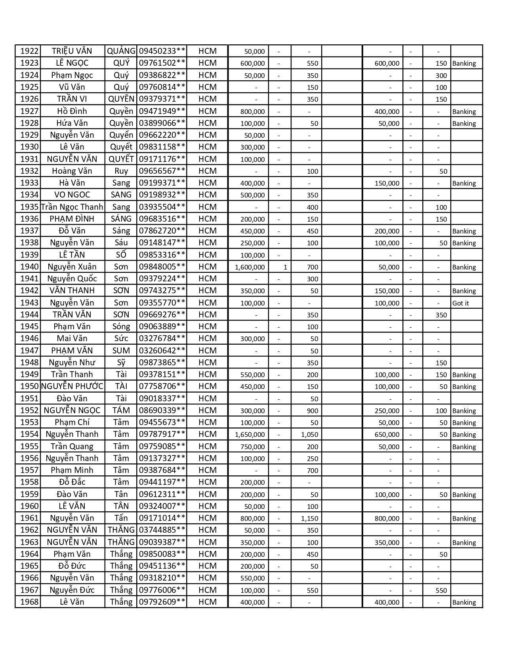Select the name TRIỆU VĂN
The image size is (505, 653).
[x=72, y=51]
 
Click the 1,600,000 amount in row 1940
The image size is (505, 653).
[x=250, y=267]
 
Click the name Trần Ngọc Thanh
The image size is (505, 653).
[x=72, y=207]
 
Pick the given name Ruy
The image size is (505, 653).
[x=121, y=171]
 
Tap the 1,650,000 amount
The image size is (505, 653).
[x=250, y=435]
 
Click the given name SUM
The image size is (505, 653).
[x=121, y=351]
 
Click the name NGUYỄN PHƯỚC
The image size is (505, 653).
[x=72, y=386]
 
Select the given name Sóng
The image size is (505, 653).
[x=121, y=326]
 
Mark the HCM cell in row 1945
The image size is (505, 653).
[x=208, y=326]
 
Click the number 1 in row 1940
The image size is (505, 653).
[x=285, y=267]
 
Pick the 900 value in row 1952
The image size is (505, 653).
[x=312, y=411]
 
